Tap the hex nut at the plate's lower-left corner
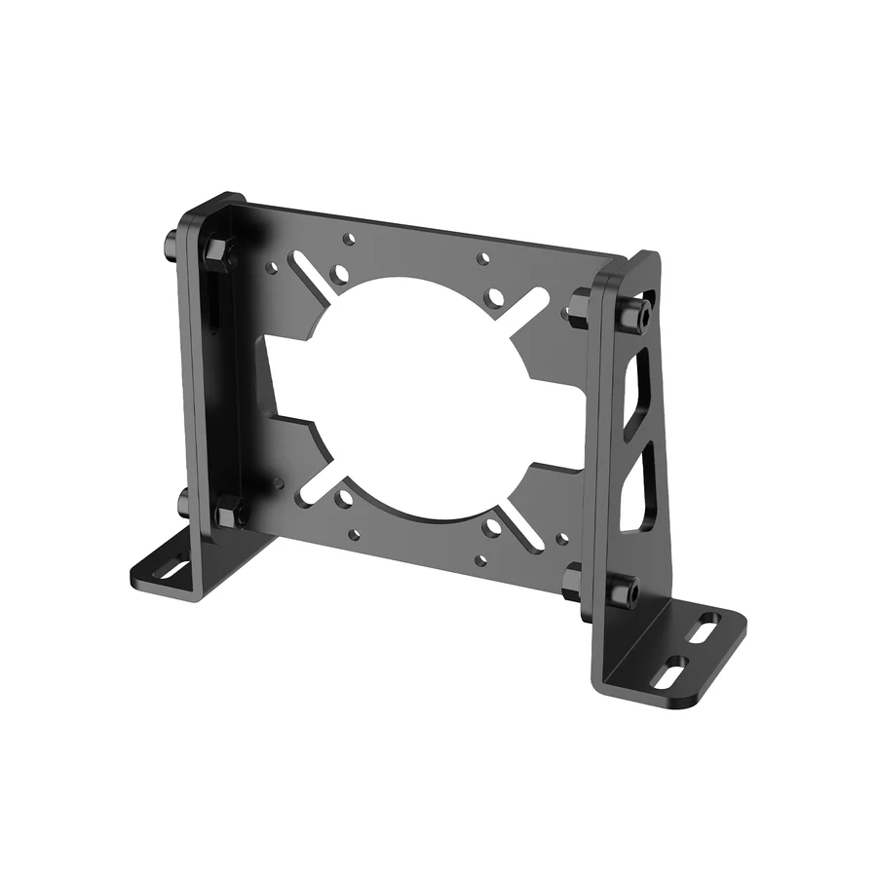230,511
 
